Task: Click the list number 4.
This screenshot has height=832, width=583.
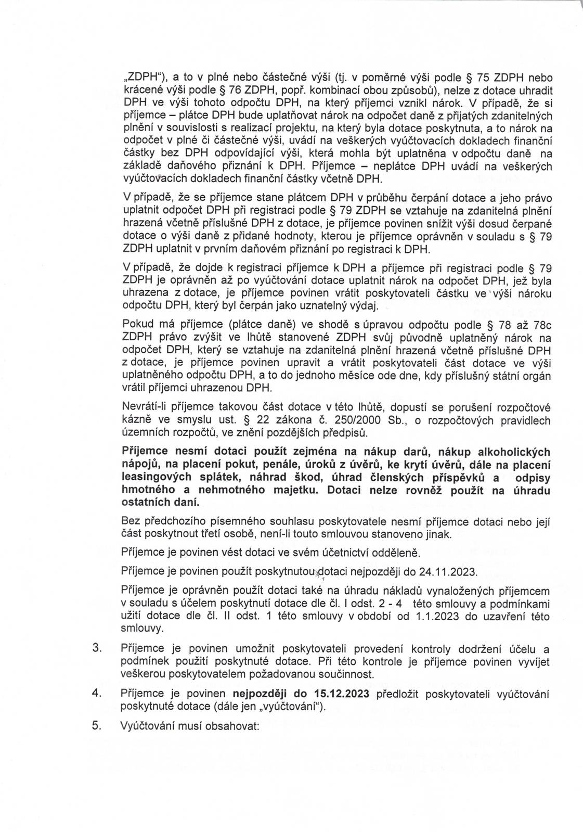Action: pos(96,694)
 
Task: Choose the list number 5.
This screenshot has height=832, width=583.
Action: pos(96,726)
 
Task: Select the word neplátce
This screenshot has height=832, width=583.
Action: pos(395,167)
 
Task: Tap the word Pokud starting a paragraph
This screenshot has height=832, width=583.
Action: pos(135,326)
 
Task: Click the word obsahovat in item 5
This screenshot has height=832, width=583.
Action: pos(232,726)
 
